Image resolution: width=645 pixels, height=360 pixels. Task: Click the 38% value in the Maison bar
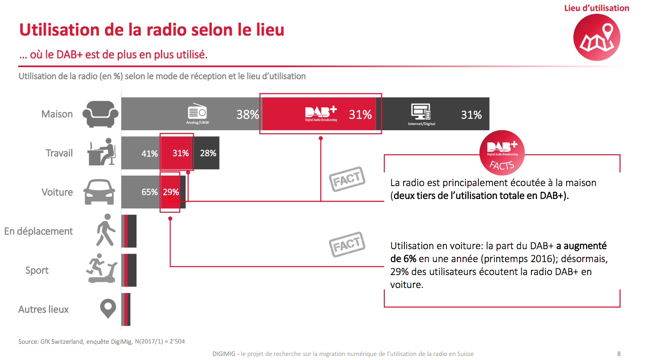coord(247,114)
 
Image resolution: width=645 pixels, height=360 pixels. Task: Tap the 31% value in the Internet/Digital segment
coord(471,115)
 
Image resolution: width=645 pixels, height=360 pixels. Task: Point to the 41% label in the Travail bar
coord(149,153)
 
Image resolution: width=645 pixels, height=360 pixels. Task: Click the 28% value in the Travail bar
coord(208,153)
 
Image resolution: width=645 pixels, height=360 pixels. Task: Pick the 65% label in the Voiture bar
coord(149,192)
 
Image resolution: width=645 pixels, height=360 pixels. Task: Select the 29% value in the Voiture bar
coord(171,192)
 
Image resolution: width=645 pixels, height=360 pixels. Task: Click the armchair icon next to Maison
coord(100,114)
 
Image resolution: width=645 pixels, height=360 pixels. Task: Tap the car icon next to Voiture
coord(99,192)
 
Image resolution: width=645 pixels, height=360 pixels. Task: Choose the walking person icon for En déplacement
coord(106,230)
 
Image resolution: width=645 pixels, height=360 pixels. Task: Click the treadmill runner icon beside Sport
coord(101,269)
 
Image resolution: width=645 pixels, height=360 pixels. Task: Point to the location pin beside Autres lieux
coord(108,308)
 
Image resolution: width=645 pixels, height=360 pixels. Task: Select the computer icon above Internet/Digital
coord(421,111)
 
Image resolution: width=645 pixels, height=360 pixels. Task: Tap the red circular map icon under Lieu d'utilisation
coord(596,37)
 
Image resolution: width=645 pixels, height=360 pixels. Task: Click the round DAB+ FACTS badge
coord(502,153)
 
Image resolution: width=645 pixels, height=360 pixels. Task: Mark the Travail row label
coord(59,153)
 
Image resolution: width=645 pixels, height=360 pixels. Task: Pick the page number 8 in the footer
coord(619,354)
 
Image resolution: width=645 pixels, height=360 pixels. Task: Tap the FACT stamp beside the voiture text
coord(347,244)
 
